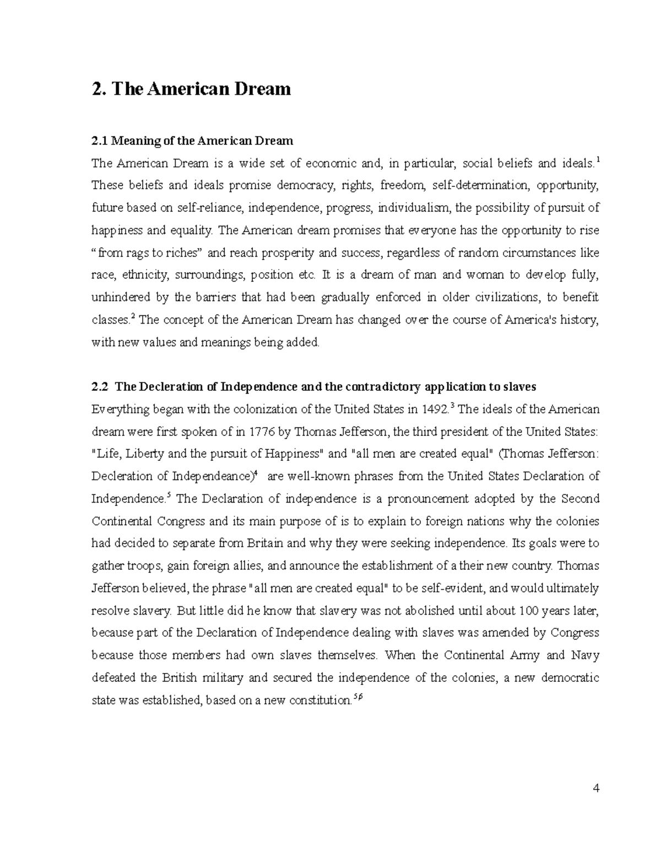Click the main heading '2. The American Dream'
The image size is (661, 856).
click(x=191, y=89)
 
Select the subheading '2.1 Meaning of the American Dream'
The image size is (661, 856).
click(x=192, y=141)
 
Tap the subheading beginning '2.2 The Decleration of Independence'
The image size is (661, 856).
click(x=313, y=386)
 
